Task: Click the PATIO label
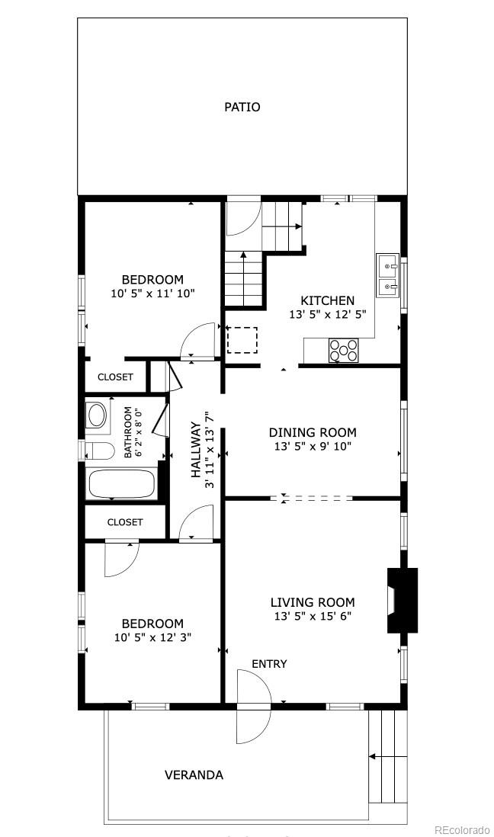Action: tap(242, 107)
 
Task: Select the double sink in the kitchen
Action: tap(388, 276)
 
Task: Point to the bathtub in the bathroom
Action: tap(122, 484)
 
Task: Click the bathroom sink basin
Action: tap(97, 415)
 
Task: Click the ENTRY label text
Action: tap(269, 664)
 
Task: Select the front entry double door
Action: tap(254, 707)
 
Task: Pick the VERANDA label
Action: tap(194, 775)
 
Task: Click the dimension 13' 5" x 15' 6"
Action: tap(313, 617)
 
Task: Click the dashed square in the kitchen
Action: tap(242, 340)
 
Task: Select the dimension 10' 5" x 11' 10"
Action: tap(152, 293)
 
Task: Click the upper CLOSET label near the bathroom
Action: tap(115, 377)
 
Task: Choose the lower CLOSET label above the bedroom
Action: tap(125, 522)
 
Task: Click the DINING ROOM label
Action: tap(313, 432)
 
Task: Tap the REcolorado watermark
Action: tap(462, 829)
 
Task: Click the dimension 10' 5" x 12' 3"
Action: tap(152, 637)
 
